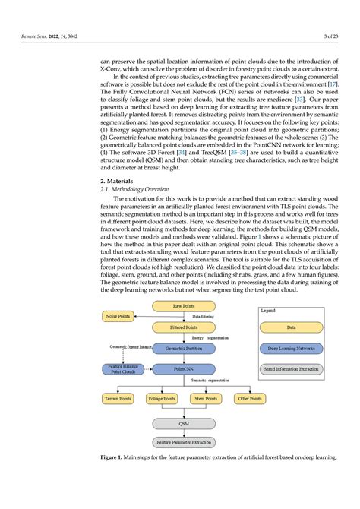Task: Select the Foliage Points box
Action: (x=161, y=398)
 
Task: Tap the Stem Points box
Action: (x=205, y=398)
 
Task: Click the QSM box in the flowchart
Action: (x=184, y=423)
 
